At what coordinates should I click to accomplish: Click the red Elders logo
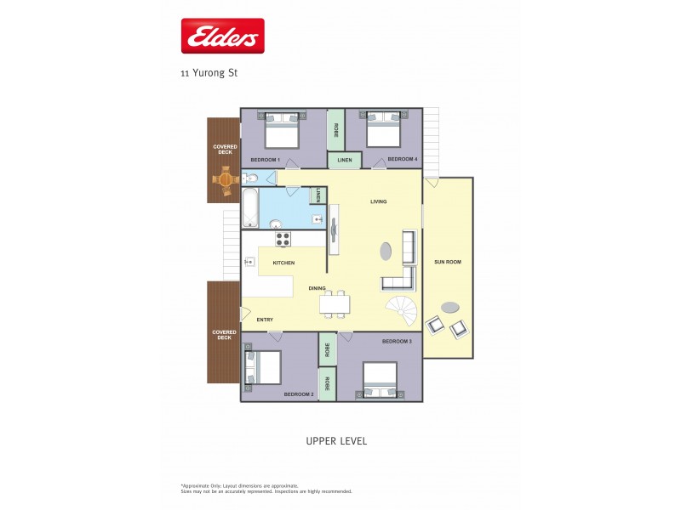[x=223, y=36]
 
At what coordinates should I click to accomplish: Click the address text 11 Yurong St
[x=209, y=73]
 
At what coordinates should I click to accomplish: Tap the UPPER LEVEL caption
[x=335, y=441]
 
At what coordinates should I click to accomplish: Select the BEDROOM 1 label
[x=265, y=160]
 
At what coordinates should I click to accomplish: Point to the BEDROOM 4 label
[x=402, y=159]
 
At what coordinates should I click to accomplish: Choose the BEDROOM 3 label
[x=397, y=341]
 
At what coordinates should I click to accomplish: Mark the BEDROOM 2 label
[x=299, y=394]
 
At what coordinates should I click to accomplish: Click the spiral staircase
[x=402, y=309]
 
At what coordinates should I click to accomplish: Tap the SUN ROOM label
[x=448, y=262]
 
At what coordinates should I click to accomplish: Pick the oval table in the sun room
[x=449, y=307]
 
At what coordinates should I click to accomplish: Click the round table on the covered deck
[x=226, y=179]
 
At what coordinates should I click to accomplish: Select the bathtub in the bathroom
[x=249, y=208]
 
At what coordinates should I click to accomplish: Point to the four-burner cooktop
[x=282, y=239]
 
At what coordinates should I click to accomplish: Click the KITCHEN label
[x=283, y=263]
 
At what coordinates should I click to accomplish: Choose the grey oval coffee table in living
[x=386, y=252]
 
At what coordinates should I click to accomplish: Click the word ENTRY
[x=265, y=320]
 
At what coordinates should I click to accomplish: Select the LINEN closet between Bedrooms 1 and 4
[x=344, y=160]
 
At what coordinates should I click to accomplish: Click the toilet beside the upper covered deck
[x=249, y=178]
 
